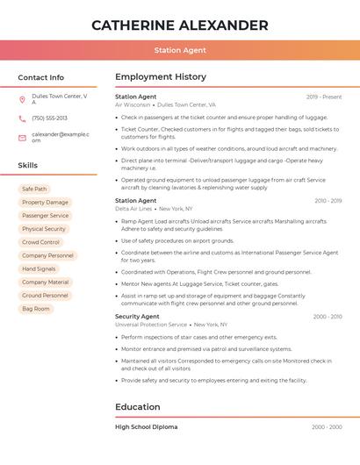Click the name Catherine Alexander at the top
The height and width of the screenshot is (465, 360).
point(180,25)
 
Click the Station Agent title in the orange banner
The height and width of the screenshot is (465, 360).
point(180,51)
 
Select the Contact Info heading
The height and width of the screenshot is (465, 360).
point(41,77)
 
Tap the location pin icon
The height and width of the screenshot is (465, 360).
point(22,99)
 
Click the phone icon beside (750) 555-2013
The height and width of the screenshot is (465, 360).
point(22,118)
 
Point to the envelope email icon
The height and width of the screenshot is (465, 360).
point(22,138)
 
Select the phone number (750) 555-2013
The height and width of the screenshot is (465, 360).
point(49,118)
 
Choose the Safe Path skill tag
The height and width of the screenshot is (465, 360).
point(35,189)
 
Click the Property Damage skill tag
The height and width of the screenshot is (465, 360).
point(45,202)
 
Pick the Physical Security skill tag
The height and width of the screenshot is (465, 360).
point(44,229)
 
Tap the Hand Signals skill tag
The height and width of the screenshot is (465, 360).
point(39,268)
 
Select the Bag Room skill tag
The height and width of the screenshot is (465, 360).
point(36,309)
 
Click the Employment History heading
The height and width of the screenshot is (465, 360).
point(161,77)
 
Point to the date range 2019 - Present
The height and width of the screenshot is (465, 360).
point(324,97)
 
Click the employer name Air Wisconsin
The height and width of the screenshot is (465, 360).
point(133,104)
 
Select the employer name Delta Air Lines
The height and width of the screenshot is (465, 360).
point(133,209)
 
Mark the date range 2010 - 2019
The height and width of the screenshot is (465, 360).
point(328,201)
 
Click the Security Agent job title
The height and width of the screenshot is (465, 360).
point(137,316)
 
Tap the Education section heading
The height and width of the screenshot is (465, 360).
point(138,407)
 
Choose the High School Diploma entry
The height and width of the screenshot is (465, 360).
point(147,427)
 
